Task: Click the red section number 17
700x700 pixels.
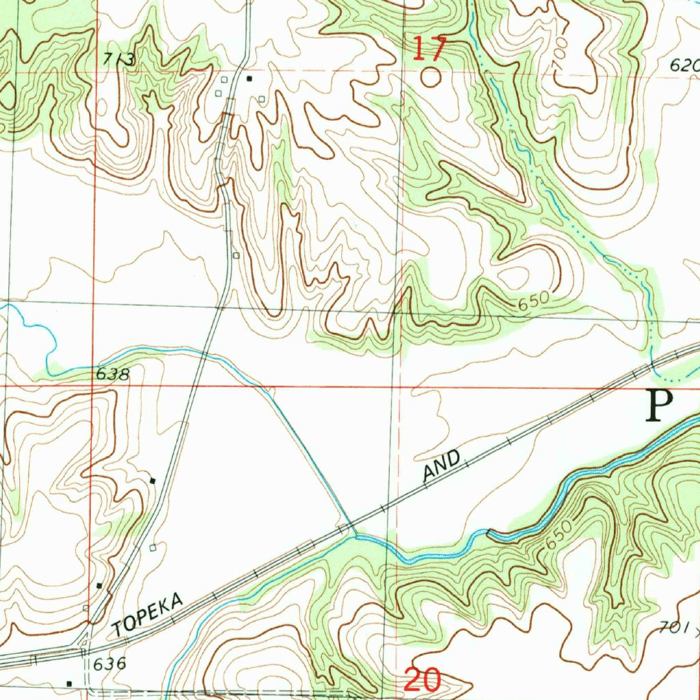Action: pos(430,49)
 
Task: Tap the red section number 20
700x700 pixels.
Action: pos(422,679)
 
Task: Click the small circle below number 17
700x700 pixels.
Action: pos(430,77)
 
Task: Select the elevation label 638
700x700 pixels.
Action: pos(112,374)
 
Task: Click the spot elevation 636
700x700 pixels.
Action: pos(110,663)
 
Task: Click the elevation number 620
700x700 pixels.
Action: pos(684,66)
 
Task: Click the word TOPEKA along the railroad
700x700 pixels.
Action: pos(148,615)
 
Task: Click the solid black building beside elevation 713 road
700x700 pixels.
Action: pos(250,79)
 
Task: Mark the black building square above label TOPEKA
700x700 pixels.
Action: pos(99,586)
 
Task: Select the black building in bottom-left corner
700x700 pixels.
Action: pos(69,683)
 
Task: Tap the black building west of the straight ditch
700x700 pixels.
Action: pos(153,481)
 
